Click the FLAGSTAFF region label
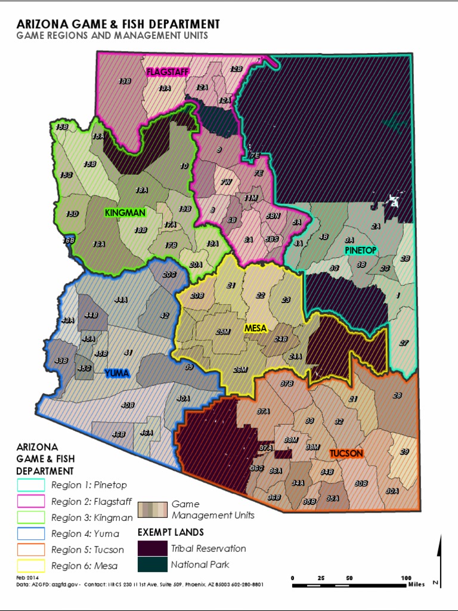[x=168, y=72]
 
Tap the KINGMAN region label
[x=125, y=212]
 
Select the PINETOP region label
[x=361, y=250]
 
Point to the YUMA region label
[x=117, y=373]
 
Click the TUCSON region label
[x=346, y=453]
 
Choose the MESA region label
[x=256, y=328]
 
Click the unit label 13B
[x=125, y=81]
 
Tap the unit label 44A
[x=121, y=300]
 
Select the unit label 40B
[x=127, y=405]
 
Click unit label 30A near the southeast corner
[x=392, y=490]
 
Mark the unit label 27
[x=404, y=342]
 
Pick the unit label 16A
[x=99, y=244]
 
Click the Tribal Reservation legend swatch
[x=152, y=548]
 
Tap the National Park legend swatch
[x=152, y=564]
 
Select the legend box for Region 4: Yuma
[x=31, y=533]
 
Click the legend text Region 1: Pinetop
[x=89, y=485]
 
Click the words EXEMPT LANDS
[x=171, y=532]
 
